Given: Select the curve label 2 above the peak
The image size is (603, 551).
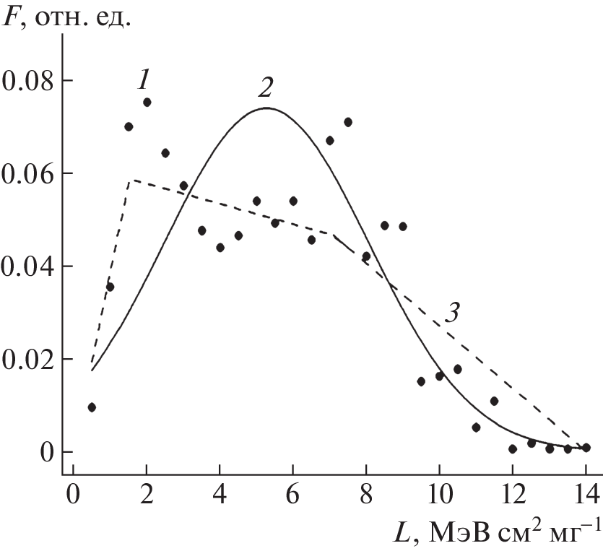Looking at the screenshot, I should [265, 88].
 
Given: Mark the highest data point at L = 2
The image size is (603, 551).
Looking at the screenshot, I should [147, 103].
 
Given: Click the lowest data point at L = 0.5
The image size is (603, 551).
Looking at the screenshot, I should [92, 407].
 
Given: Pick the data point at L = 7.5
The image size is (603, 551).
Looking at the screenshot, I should [348, 122].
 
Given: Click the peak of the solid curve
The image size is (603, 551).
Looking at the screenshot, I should [266, 108].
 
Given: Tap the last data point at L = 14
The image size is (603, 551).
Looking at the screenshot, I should [586, 448].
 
